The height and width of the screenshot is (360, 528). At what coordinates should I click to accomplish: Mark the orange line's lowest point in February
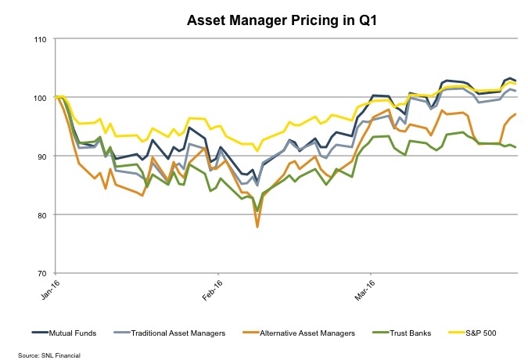257,226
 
